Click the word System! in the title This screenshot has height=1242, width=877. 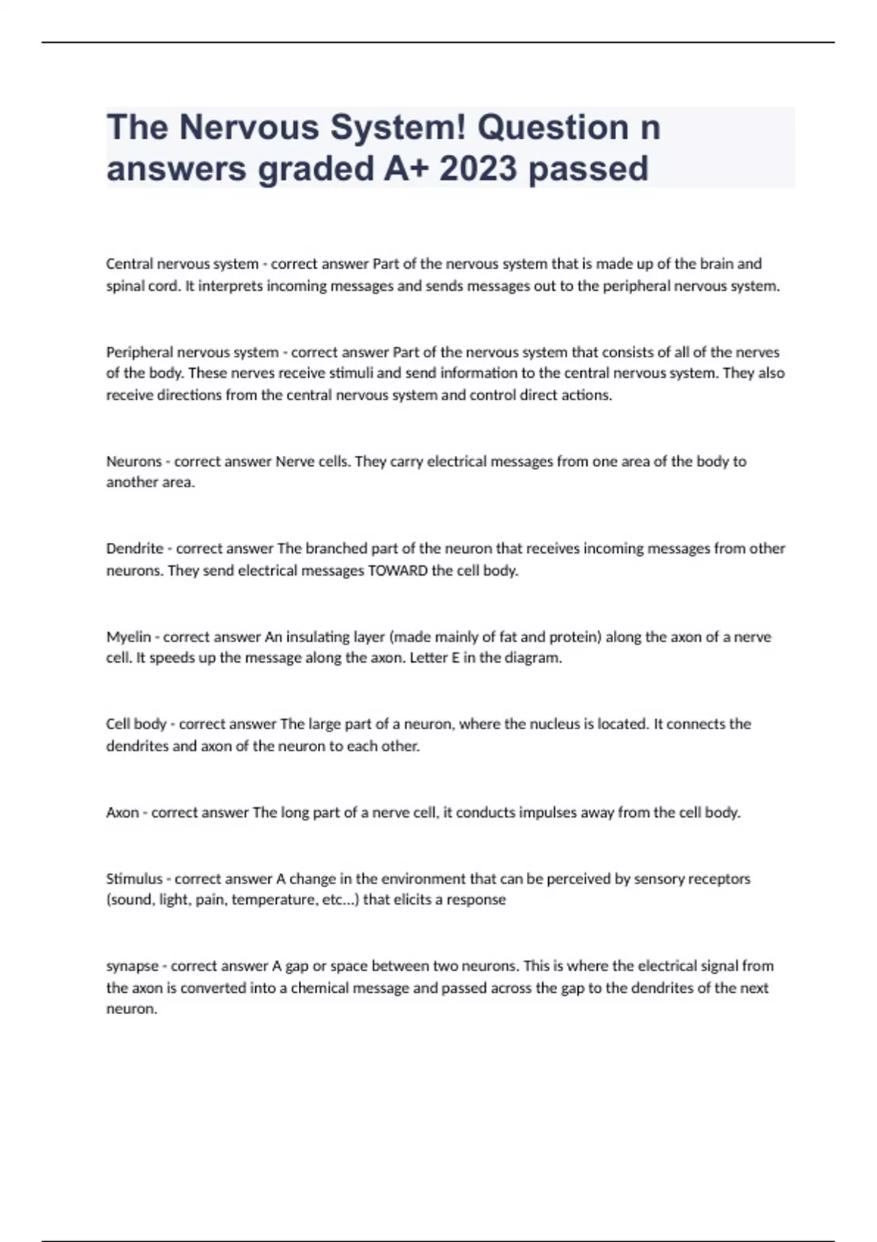[x=397, y=128]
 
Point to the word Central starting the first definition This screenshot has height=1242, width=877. [x=129, y=264]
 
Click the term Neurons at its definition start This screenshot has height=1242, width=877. [x=134, y=462]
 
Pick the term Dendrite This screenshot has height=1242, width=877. [x=134, y=549]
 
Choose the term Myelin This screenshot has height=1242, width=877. [x=128, y=637]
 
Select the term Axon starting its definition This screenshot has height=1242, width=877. [x=122, y=812]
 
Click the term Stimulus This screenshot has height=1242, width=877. [x=134, y=879]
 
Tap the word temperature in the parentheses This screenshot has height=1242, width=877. [x=274, y=900]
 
